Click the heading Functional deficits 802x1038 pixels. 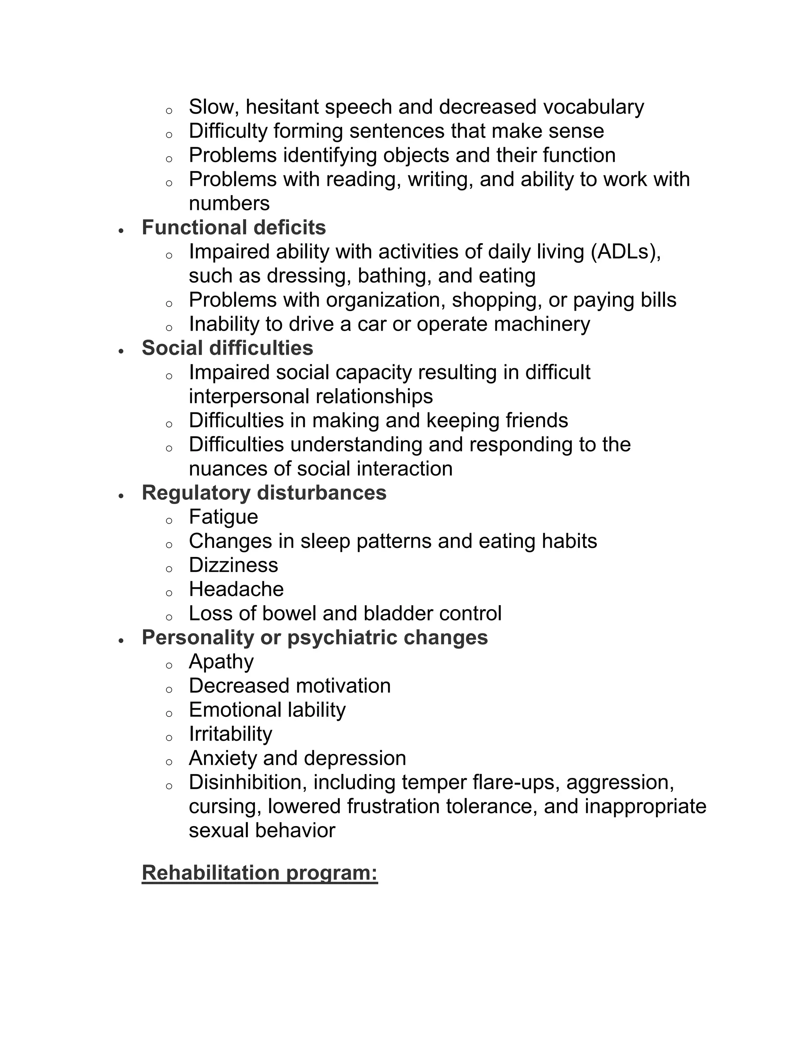point(233,228)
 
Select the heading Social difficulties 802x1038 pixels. point(227,348)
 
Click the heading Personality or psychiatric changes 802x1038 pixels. point(314,637)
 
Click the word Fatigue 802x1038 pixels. point(223,517)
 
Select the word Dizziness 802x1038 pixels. point(233,565)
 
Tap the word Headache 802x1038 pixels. point(236,590)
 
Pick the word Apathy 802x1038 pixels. point(221,662)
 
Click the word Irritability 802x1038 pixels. point(230,734)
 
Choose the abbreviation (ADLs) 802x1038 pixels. point(626,252)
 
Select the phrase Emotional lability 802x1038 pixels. point(267,710)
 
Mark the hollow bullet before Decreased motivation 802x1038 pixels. point(169,689)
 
